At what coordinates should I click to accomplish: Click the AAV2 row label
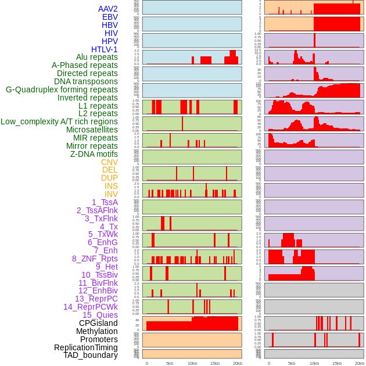click(x=108, y=9)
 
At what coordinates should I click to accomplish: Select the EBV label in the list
click(x=110, y=17)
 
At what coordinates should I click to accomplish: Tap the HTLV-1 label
click(x=105, y=49)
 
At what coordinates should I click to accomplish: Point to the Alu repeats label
click(x=97, y=57)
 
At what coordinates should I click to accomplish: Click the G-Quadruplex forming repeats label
click(x=62, y=89)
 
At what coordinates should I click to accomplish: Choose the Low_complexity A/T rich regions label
click(x=59, y=121)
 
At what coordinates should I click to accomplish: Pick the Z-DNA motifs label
click(x=94, y=154)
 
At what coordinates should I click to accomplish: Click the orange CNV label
click(x=109, y=162)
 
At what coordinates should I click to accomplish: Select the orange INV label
click(x=111, y=194)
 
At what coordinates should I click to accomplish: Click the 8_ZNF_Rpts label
click(x=95, y=259)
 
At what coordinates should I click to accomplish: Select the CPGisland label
click(x=98, y=323)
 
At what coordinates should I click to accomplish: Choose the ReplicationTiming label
click(x=85, y=347)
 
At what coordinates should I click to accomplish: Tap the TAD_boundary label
click(x=91, y=355)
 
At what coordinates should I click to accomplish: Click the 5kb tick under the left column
click(x=170, y=363)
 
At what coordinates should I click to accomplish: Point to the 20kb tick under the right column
click(x=360, y=363)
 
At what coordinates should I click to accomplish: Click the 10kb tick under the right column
click(x=314, y=363)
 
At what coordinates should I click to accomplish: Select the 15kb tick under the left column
click(x=215, y=363)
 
